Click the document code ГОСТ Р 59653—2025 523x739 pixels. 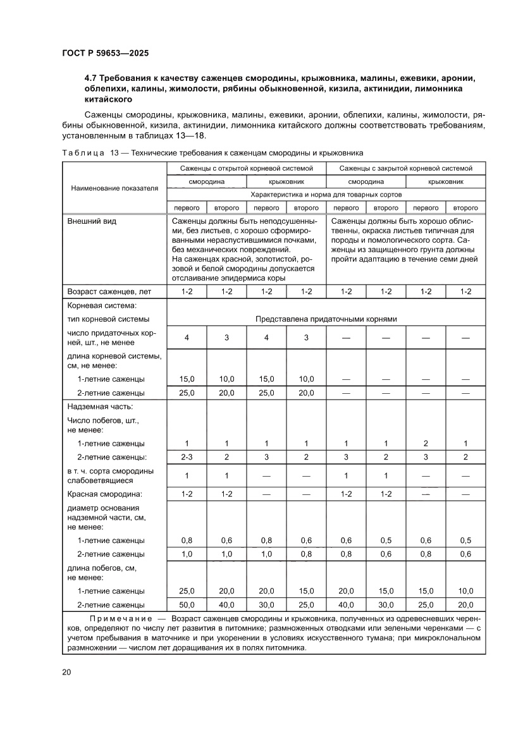click(x=105, y=54)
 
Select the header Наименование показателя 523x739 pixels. click(x=114, y=188)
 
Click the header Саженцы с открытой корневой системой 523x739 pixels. click(x=247, y=168)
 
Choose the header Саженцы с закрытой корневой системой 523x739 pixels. click(x=405, y=168)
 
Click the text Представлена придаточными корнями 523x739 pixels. click(x=326, y=319)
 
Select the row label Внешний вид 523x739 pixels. click(x=92, y=221)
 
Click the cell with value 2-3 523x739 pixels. click(x=187, y=457)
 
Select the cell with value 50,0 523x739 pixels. click(x=187, y=604)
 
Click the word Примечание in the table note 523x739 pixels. click(x=121, y=618)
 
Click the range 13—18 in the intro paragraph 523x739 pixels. click(x=192, y=136)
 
